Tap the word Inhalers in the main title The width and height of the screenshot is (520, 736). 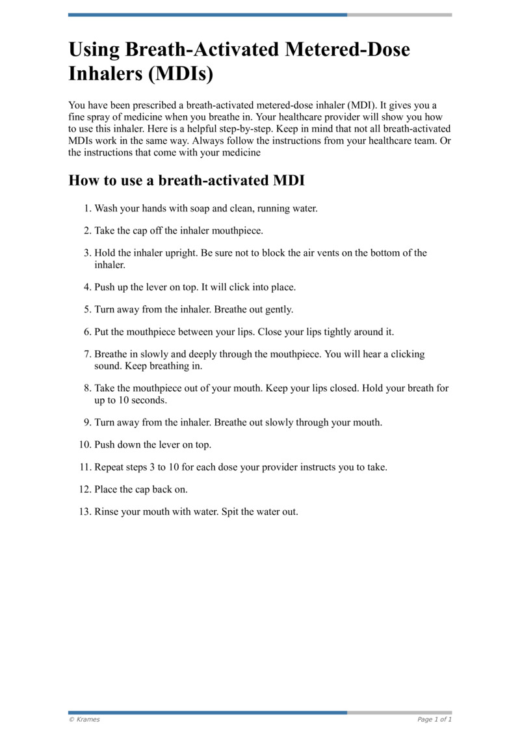coord(105,74)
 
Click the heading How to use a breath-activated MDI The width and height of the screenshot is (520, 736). coord(187,180)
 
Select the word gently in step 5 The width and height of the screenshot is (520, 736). coord(279,309)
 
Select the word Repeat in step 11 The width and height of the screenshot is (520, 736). coord(110,467)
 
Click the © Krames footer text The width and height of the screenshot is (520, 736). coord(84,719)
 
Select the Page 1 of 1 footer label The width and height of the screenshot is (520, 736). coord(434,719)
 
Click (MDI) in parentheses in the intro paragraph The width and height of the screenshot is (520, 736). coord(359,105)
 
